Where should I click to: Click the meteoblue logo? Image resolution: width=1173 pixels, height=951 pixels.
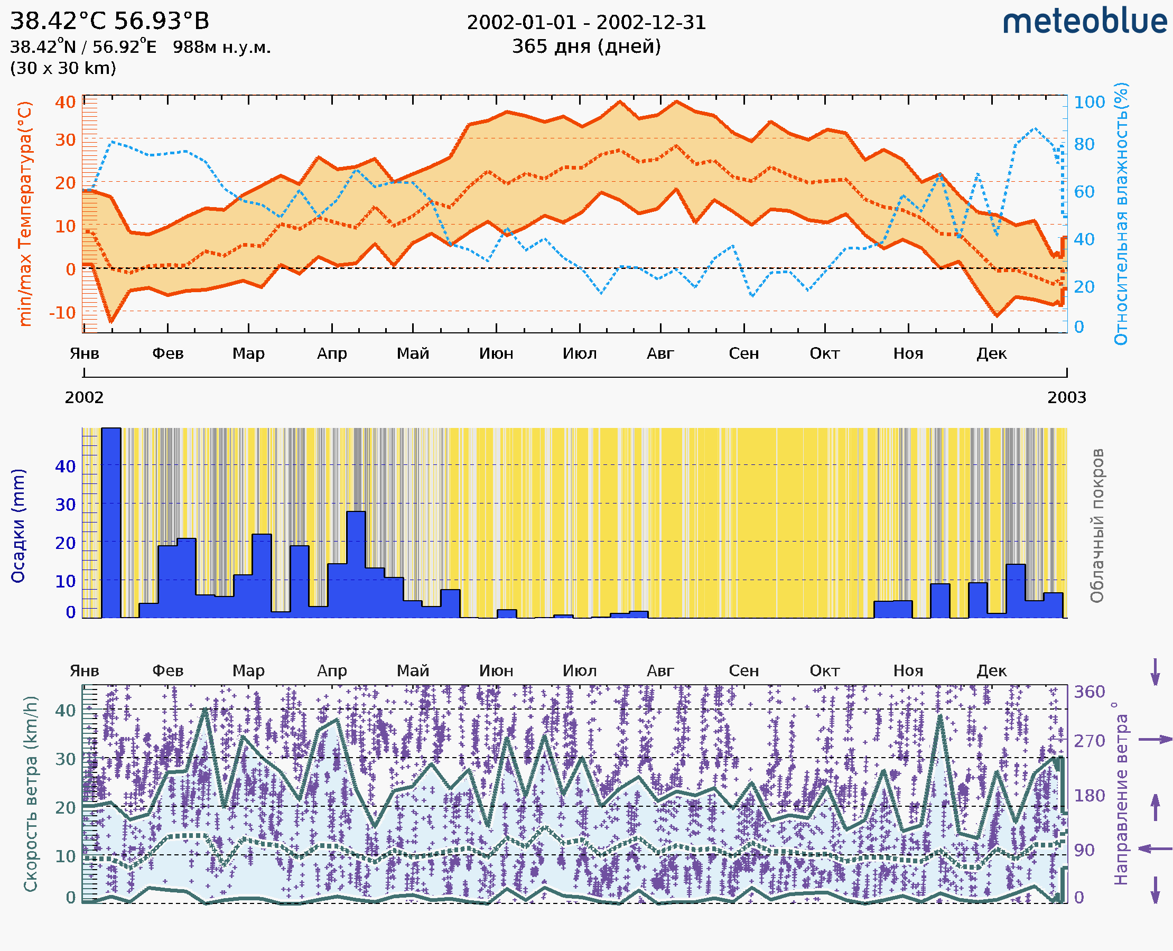pyautogui.click(x=1085, y=22)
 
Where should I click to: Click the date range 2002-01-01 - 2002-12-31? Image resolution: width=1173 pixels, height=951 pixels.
pyautogui.click(x=586, y=23)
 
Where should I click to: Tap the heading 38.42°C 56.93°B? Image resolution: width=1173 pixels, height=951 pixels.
pyautogui.click(x=109, y=21)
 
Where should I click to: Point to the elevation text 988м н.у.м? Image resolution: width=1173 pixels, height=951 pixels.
pyautogui.click(x=222, y=47)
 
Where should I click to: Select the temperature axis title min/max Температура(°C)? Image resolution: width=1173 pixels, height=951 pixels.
pyautogui.click(x=25, y=213)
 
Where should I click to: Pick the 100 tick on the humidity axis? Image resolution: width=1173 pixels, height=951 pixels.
pyautogui.click(x=1089, y=102)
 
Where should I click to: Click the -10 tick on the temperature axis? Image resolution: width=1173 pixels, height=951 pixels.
pyautogui.click(x=62, y=313)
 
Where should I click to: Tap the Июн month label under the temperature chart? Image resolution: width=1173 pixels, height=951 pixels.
pyautogui.click(x=496, y=353)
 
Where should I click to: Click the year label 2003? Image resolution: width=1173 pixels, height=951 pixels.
pyautogui.click(x=1067, y=397)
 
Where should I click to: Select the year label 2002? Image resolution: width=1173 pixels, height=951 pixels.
pyautogui.click(x=85, y=397)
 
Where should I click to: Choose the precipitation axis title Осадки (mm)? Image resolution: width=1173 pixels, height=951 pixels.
pyautogui.click(x=18, y=526)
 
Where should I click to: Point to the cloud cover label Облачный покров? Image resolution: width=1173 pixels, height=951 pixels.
pyautogui.click(x=1097, y=526)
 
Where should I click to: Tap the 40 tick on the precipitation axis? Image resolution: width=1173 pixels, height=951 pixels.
pyautogui.click(x=65, y=467)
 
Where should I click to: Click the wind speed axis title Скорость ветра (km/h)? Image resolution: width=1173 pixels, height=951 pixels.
pyautogui.click(x=31, y=794)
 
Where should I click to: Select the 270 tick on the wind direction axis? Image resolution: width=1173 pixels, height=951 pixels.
pyautogui.click(x=1089, y=741)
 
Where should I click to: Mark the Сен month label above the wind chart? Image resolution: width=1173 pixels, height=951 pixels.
pyautogui.click(x=743, y=670)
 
